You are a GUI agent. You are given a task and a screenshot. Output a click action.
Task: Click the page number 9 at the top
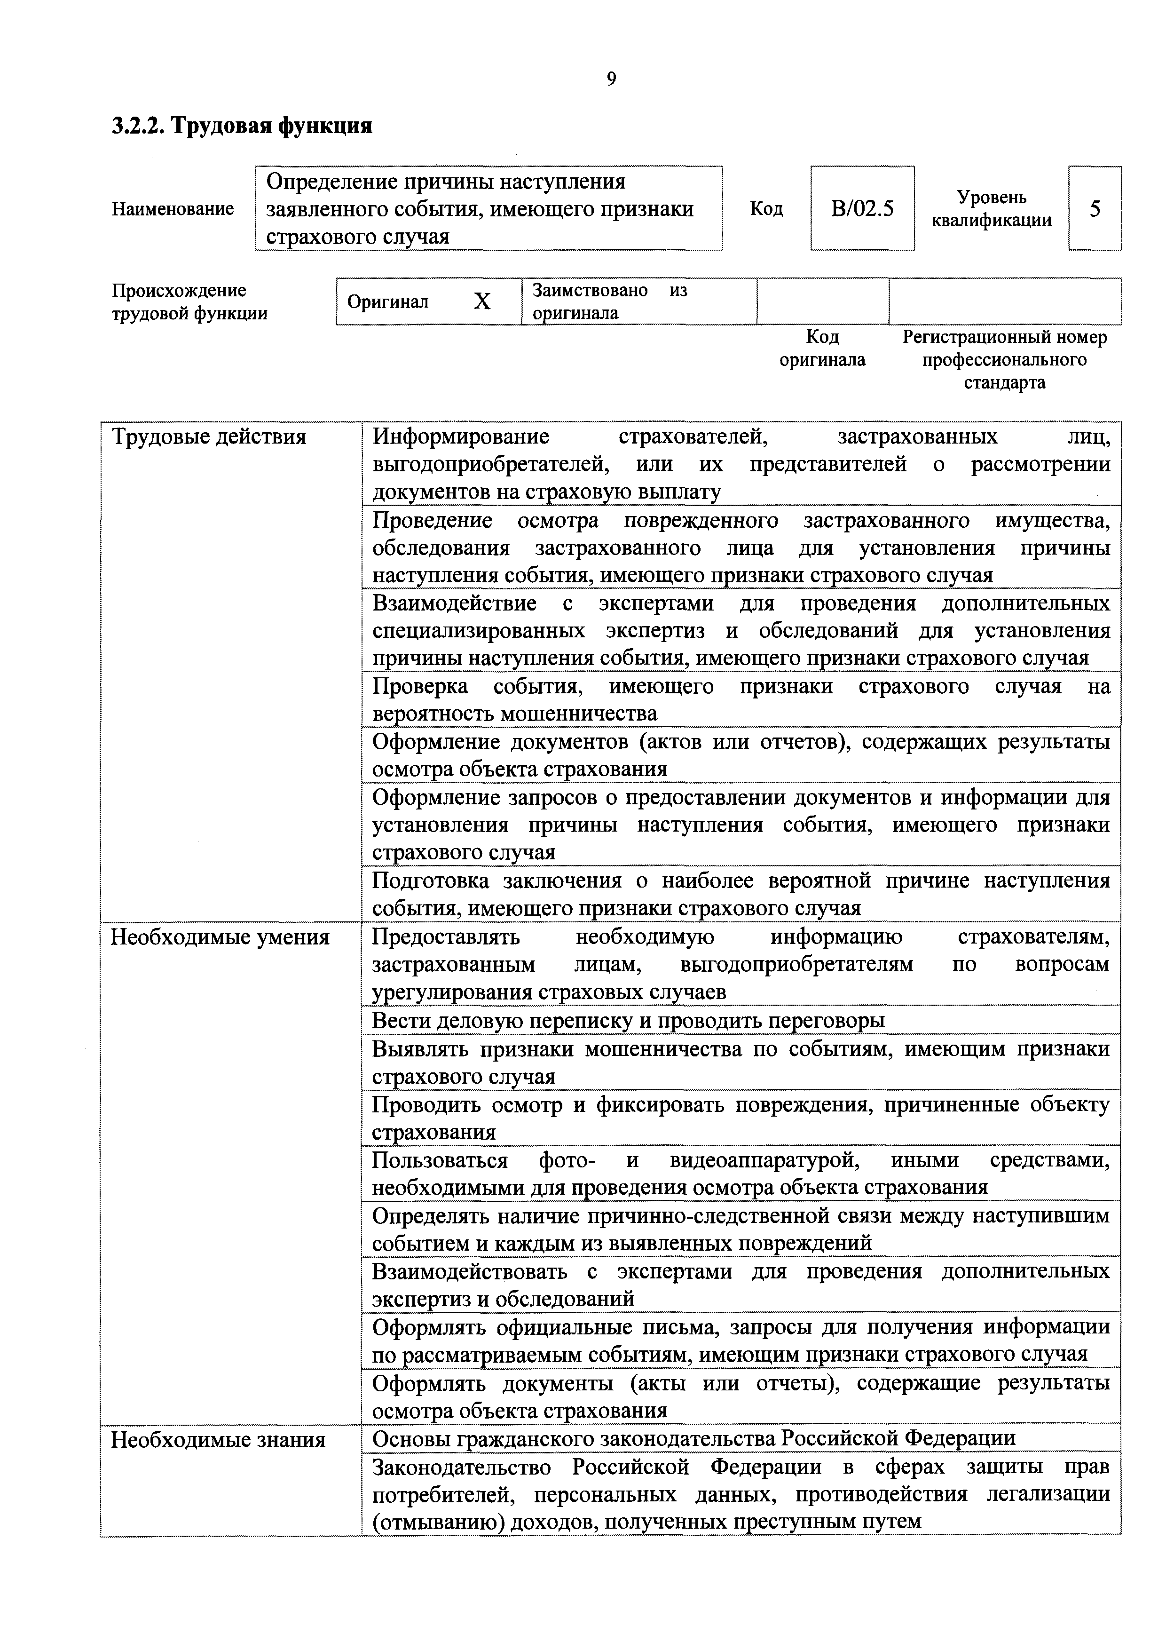(x=611, y=79)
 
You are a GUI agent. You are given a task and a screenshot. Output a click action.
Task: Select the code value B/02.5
(x=862, y=209)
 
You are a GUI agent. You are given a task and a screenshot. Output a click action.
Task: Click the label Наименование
(x=173, y=209)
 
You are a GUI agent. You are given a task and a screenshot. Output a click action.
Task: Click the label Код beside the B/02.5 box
(x=766, y=209)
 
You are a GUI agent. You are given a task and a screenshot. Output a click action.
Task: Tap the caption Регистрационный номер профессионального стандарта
(x=1004, y=359)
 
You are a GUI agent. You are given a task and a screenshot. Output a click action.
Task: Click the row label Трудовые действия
(x=208, y=437)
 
